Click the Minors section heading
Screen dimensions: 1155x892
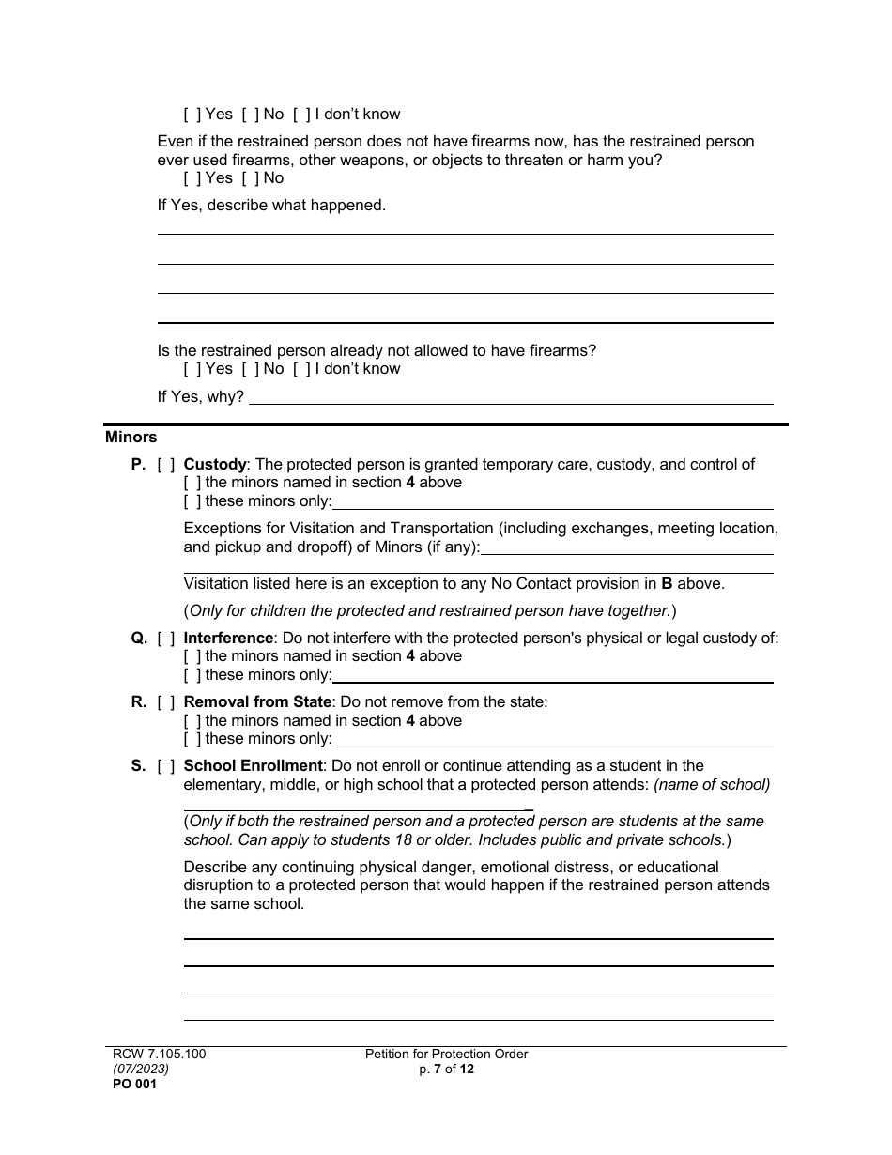pyautogui.click(x=131, y=437)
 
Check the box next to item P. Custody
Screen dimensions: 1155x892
pyautogui.click(x=166, y=465)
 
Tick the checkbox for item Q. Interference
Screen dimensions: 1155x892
pyautogui.click(x=166, y=639)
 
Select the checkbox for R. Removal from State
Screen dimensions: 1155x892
pyautogui.click(x=166, y=702)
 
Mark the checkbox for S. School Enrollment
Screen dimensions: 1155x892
pyautogui.click(x=166, y=766)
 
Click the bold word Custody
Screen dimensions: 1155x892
pyautogui.click(x=215, y=465)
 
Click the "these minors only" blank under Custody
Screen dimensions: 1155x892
pyautogui.click(x=553, y=502)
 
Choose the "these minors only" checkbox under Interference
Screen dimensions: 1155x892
pyautogui.click(x=192, y=675)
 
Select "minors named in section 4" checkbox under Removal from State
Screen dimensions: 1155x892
pyautogui.click(x=192, y=721)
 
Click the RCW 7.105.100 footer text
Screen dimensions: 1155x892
pyautogui.click(x=155, y=1055)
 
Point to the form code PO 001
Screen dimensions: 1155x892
pyautogui.click(x=131, y=1084)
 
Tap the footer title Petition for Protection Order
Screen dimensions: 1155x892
pyautogui.click(x=447, y=1055)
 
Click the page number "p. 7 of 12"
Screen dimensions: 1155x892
pyautogui.click(x=447, y=1069)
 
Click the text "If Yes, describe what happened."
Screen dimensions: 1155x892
pyautogui.click(x=271, y=205)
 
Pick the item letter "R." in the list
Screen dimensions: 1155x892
pyautogui.click(x=138, y=702)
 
